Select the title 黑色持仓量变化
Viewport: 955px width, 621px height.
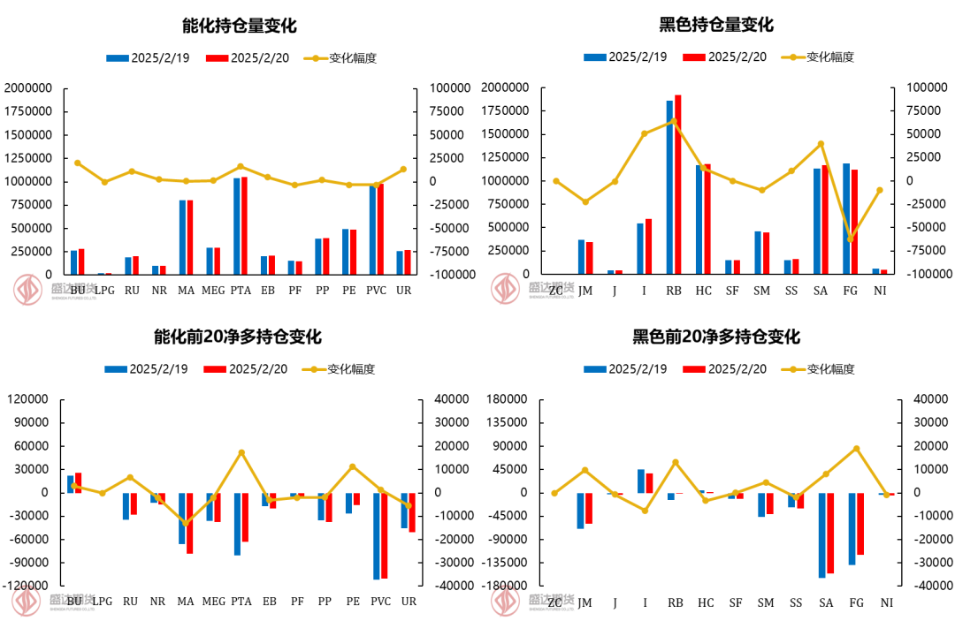[x=716, y=25]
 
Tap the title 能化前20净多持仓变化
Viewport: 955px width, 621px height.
[x=238, y=337]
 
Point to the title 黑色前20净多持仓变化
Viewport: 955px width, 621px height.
[x=716, y=337]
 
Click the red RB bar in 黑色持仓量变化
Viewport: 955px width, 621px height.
[x=678, y=185]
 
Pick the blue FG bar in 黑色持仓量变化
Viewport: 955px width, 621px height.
[x=846, y=219]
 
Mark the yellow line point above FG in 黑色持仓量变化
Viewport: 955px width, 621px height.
[x=851, y=239]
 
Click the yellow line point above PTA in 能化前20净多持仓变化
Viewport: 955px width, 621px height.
[x=241, y=452]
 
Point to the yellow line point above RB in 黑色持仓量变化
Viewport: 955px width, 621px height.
[x=674, y=121]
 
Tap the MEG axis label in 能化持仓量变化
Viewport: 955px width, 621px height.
[x=213, y=291]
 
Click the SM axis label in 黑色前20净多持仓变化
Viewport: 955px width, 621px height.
[x=765, y=602]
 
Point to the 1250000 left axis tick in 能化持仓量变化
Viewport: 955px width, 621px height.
[x=28, y=158]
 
